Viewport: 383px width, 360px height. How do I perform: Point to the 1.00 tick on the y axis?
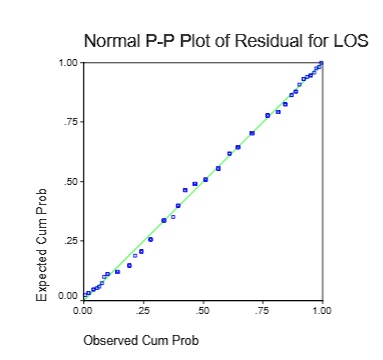click(x=68, y=62)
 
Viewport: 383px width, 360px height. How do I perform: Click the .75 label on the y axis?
click(x=71, y=122)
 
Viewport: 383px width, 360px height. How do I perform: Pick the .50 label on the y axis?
click(x=71, y=181)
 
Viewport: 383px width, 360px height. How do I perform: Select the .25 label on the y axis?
click(x=71, y=241)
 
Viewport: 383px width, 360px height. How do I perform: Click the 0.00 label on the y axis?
click(x=68, y=296)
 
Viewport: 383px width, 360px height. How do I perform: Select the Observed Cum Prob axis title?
click(x=141, y=340)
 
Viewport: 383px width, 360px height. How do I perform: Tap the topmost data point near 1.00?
click(x=321, y=63)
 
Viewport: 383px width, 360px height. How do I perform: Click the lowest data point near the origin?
click(x=85, y=296)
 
